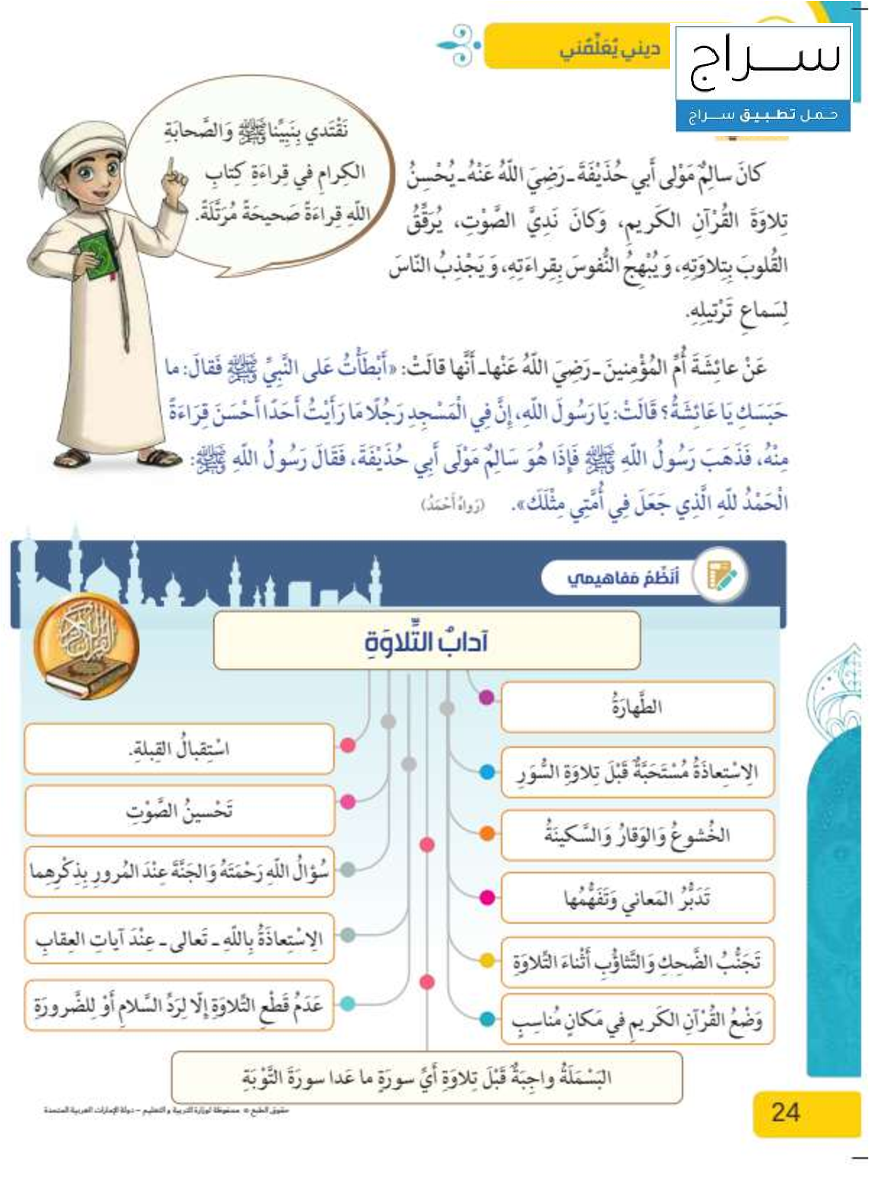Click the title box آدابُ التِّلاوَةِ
coord(426,641)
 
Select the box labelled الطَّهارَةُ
coord(637,706)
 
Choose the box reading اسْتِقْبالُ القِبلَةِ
coord(179,749)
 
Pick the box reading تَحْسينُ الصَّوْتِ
coord(179,810)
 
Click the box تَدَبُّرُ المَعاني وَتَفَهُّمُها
coord(637,898)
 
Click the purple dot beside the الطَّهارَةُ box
coord(486,698)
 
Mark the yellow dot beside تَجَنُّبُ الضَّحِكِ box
coord(487,960)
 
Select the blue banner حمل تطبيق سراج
coord(763,115)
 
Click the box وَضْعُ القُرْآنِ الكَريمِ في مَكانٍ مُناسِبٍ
coord(637,1019)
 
